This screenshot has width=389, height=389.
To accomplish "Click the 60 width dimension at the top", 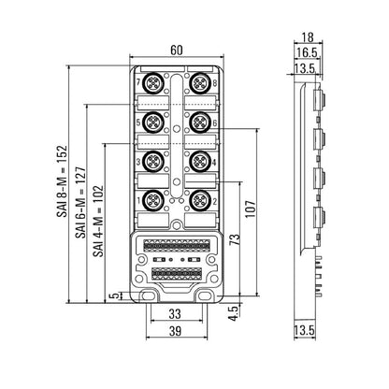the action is pyautogui.click(x=177, y=50).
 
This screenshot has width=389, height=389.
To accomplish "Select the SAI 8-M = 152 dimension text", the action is pyautogui.click(x=62, y=181).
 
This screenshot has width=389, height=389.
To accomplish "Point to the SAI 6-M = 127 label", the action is pyautogui.click(x=80, y=203).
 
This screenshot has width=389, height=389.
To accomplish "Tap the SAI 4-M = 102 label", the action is pyautogui.click(x=98, y=221).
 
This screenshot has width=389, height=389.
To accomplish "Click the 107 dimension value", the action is pyautogui.click(x=251, y=209).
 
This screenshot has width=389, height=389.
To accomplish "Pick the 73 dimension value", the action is pyautogui.click(x=236, y=239).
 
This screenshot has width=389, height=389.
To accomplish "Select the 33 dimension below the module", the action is pyautogui.click(x=175, y=314).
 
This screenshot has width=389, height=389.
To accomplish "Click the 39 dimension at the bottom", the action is pyautogui.click(x=175, y=331).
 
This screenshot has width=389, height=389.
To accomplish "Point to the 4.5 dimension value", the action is pyautogui.click(x=233, y=313).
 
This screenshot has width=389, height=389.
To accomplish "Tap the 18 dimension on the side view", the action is pyautogui.click(x=308, y=37).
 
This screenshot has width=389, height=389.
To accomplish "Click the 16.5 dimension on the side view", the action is pyautogui.click(x=307, y=52).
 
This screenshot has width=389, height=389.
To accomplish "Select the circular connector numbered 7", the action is pyautogui.click(x=153, y=83).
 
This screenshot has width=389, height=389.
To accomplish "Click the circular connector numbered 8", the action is pyautogui.click(x=200, y=83).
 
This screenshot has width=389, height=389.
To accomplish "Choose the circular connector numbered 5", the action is pyautogui.click(x=153, y=122).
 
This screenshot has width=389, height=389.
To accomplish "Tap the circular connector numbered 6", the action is pyautogui.click(x=200, y=122).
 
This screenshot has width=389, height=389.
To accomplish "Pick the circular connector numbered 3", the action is pyautogui.click(x=153, y=161).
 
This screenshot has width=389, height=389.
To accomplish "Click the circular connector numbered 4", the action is pyautogui.click(x=200, y=161).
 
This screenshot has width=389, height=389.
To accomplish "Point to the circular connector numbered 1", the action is pyautogui.click(x=153, y=200).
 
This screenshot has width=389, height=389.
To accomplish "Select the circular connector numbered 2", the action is pyautogui.click(x=200, y=200).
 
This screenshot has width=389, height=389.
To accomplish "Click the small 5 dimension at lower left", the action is pyautogui.click(x=115, y=295).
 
